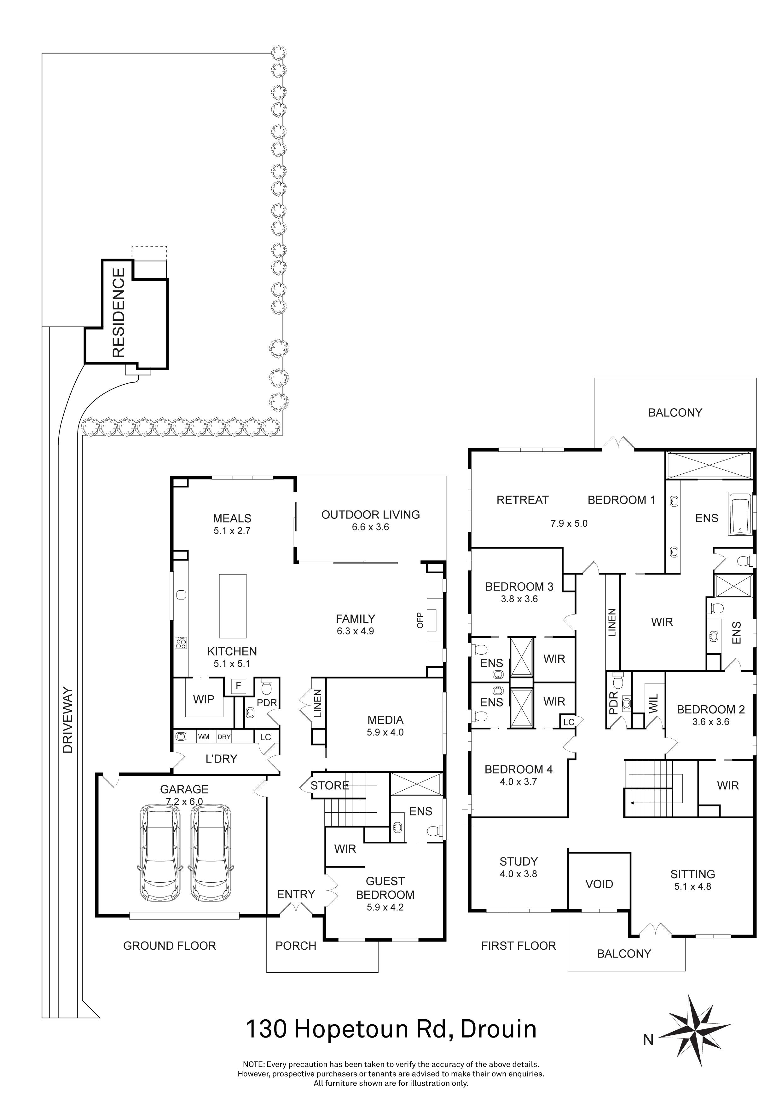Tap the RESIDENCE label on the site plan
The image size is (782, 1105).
coord(119,312)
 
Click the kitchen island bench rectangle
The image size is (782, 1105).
coord(233,606)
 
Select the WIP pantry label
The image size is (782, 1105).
coord(204,699)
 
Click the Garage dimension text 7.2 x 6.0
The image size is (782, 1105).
coord(184,801)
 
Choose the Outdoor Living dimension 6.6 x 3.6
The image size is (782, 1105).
coord(370,527)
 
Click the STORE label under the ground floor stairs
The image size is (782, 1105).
coord(329,785)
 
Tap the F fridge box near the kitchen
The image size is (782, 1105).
coord(238,685)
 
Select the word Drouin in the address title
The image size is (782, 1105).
coord(498,1029)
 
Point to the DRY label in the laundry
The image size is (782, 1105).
coord(224,737)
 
